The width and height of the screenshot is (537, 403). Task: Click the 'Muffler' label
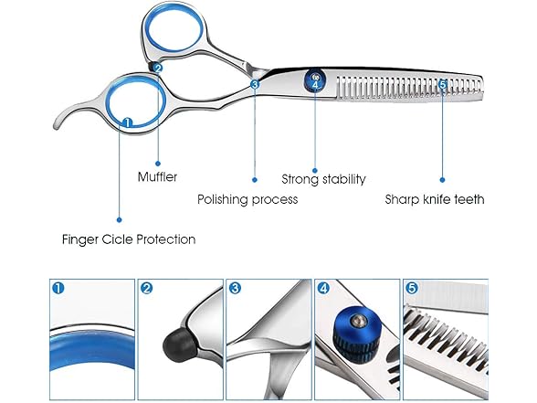pos(157,177)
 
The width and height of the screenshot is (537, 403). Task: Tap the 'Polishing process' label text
pos(247,199)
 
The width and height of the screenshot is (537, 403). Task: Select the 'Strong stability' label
pos(323,179)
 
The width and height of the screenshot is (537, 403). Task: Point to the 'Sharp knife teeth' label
pos(435,199)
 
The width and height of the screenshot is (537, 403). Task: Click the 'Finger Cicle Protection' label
pos(129,239)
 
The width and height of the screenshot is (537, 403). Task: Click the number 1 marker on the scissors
pos(127,122)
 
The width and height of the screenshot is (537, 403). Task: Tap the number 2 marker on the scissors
pos(158,68)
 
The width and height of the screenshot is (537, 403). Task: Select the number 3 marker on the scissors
pos(255,84)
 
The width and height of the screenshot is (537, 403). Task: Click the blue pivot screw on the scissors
pos(315,80)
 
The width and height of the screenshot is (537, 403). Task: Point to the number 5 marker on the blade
pos(442,84)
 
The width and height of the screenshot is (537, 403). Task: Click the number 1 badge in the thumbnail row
pos(58,288)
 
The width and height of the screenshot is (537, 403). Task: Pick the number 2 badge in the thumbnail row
pos(146,288)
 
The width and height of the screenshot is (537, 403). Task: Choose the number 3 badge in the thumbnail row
pos(235,288)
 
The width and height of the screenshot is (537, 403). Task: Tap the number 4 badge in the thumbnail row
pos(323,288)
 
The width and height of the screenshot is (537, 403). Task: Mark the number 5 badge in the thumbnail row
pos(412,288)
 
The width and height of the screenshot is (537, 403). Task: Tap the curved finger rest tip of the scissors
pos(57,125)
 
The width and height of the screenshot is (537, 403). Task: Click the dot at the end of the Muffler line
pos(158,164)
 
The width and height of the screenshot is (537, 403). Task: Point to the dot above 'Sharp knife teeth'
pos(442,179)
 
